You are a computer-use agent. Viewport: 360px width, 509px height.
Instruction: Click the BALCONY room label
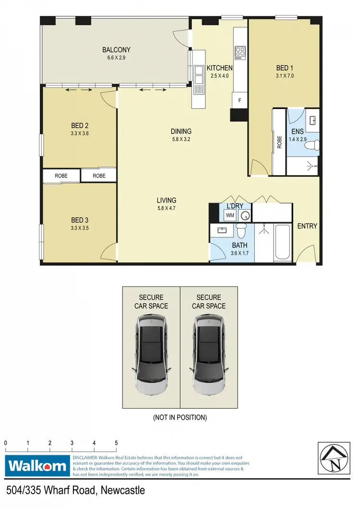[x=116, y=50]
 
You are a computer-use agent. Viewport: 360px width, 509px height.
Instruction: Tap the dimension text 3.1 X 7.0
[x=284, y=76]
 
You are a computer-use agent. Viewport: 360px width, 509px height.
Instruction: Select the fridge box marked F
[x=240, y=101]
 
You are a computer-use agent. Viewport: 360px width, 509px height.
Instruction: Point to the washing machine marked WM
[x=230, y=215]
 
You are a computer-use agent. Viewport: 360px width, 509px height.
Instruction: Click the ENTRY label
[x=307, y=226]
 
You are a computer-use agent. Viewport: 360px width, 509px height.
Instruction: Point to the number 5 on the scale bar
[x=116, y=443]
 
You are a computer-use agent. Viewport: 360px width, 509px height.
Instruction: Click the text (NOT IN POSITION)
[x=180, y=417]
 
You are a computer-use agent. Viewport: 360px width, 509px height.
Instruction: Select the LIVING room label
[x=166, y=201]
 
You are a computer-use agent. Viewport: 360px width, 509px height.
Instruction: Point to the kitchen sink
[x=199, y=77]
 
